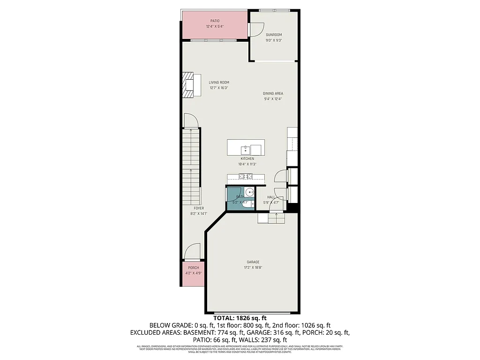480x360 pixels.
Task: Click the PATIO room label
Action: coord(215,21)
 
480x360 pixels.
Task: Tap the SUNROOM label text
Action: coord(274,35)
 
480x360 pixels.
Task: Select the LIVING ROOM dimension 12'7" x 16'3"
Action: coord(218,88)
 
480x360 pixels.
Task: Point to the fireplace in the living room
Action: coord(188,85)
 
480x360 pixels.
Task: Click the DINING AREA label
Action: coord(273,93)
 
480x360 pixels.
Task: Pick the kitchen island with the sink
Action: coord(246,148)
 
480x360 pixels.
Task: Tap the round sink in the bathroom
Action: coord(249,191)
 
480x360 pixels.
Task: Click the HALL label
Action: coord(271,197)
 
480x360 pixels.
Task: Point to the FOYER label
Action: coord(199,208)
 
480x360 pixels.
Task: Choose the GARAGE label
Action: coord(253,262)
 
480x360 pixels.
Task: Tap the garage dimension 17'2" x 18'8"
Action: coord(253,268)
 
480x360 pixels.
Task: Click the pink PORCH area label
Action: coord(193,268)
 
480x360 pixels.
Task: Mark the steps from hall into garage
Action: coord(270,218)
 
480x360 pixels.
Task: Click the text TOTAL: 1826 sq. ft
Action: coord(240,318)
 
